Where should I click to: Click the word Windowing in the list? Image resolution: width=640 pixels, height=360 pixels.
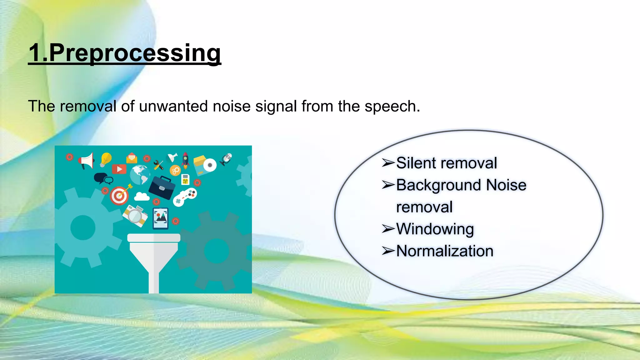(x=435, y=229)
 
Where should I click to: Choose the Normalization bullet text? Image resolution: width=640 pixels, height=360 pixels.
(x=445, y=251)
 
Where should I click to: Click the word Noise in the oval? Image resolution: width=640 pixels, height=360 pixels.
(x=506, y=185)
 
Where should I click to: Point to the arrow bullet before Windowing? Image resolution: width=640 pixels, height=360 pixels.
(x=388, y=229)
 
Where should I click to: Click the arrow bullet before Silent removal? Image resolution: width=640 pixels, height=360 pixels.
(x=388, y=163)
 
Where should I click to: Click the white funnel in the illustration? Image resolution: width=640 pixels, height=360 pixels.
(x=153, y=256)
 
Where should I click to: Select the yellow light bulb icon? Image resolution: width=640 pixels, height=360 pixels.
(x=106, y=159)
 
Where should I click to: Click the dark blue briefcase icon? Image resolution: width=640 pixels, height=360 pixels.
(x=162, y=187)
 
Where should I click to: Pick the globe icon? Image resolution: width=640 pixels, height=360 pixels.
(x=139, y=175)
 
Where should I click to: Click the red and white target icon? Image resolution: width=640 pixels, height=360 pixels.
(x=119, y=196)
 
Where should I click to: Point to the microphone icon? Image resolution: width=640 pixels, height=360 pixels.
(x=226, y=159)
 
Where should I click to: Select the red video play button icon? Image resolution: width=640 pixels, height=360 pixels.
(x=119, y=169)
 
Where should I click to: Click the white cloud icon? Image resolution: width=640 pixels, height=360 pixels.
(x=142, y=197)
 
